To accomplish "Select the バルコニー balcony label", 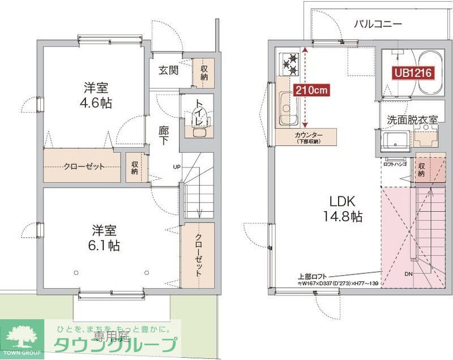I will coord(378,24).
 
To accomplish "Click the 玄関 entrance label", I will coord(168,70).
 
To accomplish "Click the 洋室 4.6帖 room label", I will coord(97,95).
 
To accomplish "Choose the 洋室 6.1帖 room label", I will coord(106,238).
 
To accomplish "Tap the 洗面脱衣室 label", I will coord(412,120).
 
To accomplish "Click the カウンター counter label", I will coord(308,135).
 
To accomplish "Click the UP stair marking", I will coord(177,166).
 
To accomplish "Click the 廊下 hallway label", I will coord(164,135).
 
